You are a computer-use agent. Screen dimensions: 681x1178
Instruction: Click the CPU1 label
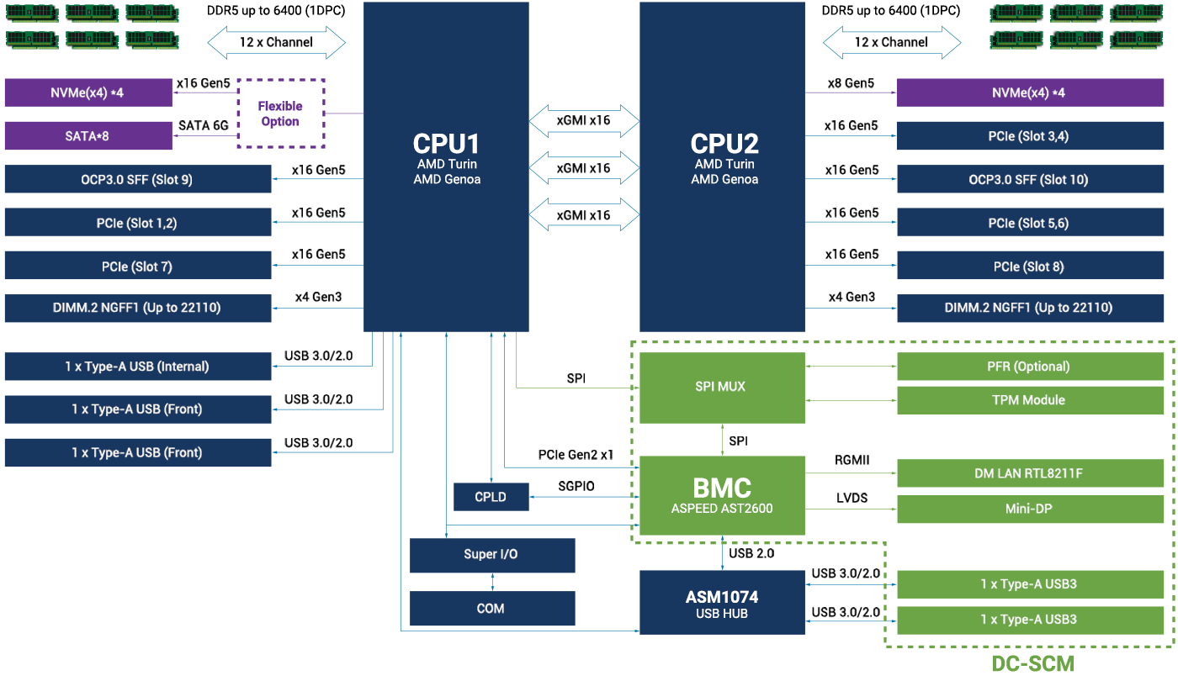pos(446,144)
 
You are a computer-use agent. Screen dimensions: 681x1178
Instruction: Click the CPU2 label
pos(724,144)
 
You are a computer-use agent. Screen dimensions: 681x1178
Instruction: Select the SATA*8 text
pos(87,135)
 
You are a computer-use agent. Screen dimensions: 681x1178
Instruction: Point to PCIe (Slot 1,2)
pos(136,223)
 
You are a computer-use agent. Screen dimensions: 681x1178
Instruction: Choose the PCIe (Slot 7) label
pos(136,267)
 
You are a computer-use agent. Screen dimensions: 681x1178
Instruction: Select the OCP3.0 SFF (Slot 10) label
pos(1028,179)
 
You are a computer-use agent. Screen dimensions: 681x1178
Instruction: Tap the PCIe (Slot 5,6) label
pos(1028,223)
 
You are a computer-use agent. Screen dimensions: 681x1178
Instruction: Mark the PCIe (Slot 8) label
pos(1028,267)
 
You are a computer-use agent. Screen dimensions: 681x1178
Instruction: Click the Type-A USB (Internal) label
pos(137,366)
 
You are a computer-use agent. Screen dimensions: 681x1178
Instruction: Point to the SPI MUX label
pos(720,387)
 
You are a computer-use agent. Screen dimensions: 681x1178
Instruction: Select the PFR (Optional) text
pos(1028,366)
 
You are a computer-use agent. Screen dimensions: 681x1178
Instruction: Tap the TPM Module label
pos(1028,400)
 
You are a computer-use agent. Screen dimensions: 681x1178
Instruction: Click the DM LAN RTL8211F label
pos(1028,473)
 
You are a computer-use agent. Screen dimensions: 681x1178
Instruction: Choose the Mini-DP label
pos(1028,509)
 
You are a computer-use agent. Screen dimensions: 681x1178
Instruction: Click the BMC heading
pos(722,488)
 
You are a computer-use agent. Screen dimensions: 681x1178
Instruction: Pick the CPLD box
pos(491,497)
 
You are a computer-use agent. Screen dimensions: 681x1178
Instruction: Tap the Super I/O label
pos(491,554)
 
